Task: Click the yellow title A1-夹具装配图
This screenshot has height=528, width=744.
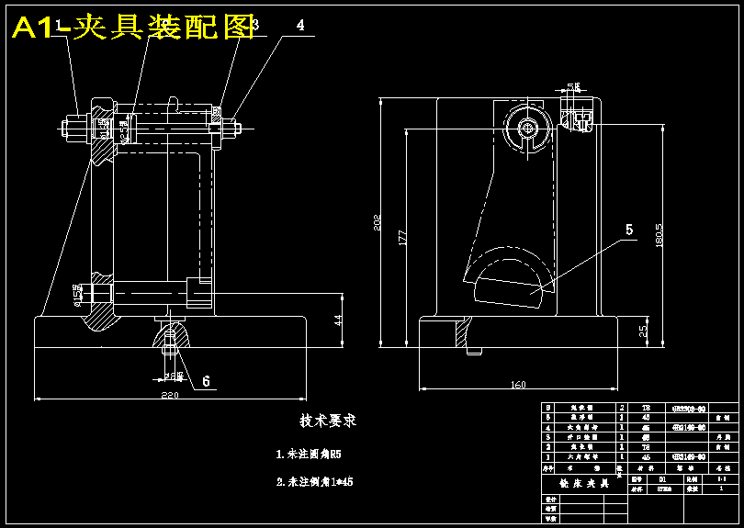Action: pyautogui.click(x=134, y=28)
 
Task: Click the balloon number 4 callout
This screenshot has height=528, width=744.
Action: pyautogui.click(x=300, y=26)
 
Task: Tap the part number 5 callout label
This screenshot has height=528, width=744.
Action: pyautogui.click(x=629, y=230)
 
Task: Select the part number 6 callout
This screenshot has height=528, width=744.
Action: pyautogui.click(x=206, y=380)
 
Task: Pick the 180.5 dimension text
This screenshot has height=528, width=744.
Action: pyautogui.click(x=659, y=234)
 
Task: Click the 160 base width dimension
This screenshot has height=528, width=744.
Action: pyautogui.click(x=517, y=385)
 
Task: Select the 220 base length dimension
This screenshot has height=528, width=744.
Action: pyautogui.click(x=171, y=394)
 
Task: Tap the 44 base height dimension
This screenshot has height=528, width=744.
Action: pyautogui.click(x=337, y=320)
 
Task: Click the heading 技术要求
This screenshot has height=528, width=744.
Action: pyautogui.click(x=327, y=421)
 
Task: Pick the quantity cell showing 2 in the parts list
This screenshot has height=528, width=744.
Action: pyautogui.click(x=622, y=407)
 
